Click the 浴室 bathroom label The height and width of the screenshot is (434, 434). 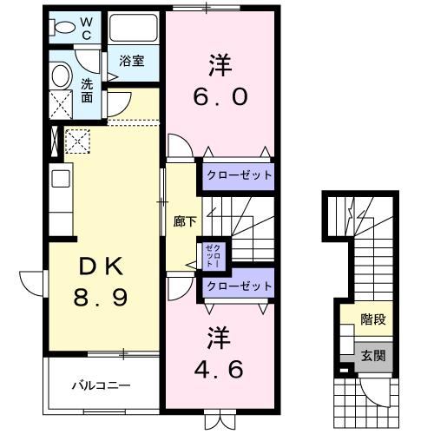132,62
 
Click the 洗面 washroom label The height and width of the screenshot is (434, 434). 88,89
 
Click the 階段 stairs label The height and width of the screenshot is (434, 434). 374,320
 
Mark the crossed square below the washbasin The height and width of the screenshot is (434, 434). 62,108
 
